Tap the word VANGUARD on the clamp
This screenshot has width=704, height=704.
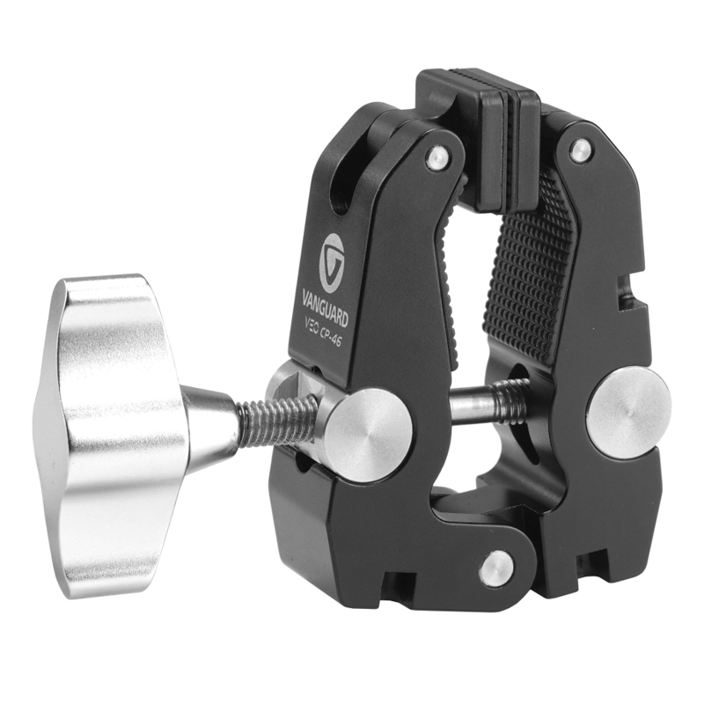point(325,306)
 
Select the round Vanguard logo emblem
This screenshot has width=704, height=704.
point(331,263)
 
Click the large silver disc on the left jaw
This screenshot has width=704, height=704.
point(367,435)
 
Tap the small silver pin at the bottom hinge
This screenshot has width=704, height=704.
point(495,568)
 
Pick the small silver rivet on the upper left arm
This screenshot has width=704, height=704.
point(437,158)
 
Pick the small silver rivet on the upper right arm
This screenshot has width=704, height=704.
point(581,150)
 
